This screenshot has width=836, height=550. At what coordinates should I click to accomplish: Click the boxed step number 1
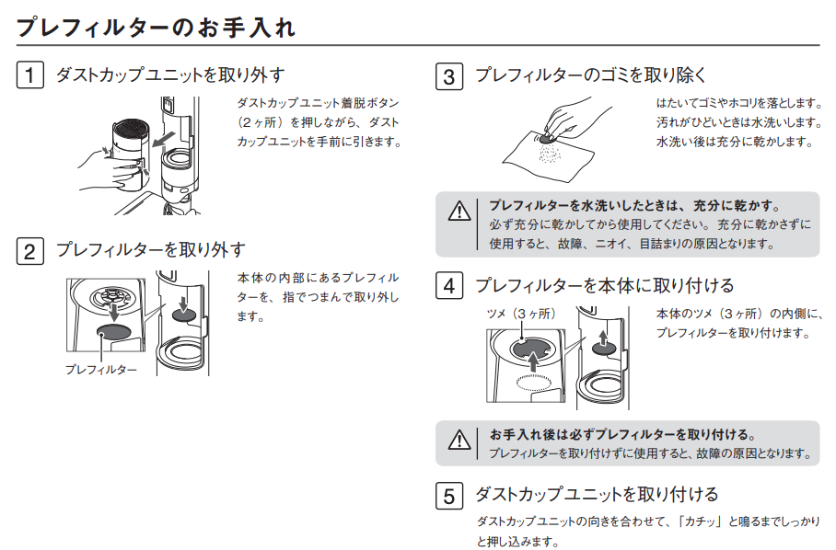coord(29,74)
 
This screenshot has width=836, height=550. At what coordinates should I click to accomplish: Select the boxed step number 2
coord(29,251)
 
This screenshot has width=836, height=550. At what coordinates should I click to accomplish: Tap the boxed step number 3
coord(449,76)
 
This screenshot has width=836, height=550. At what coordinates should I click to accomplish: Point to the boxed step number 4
coord(449,285)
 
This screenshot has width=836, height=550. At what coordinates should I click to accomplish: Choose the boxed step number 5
coord(449,496)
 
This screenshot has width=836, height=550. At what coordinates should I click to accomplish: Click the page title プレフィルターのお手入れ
coord(156,27)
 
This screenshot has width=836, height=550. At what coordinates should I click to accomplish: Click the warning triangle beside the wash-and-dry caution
coord(459,212)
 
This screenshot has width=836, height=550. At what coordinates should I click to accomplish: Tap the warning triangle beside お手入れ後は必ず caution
coord(459,441)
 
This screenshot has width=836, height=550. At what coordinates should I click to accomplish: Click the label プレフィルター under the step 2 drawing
coord(100,370)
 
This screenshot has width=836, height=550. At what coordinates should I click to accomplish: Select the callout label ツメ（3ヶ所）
coord(521,314)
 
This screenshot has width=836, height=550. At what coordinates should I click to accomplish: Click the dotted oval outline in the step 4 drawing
coord(535,383)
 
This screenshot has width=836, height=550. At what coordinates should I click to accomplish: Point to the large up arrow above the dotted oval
coord(532,363)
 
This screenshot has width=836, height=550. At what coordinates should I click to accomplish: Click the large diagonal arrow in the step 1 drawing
coord(163,140)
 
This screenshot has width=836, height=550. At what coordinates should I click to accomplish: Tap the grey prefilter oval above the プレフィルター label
coord(113,332)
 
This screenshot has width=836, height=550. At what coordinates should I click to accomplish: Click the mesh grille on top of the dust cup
coord(131,127)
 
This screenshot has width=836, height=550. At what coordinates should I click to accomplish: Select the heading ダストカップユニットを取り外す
coord(170,75)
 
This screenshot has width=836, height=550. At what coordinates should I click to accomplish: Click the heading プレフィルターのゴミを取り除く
coord(591,75)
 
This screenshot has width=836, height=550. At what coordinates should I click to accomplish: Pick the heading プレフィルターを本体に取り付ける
coord(605,285)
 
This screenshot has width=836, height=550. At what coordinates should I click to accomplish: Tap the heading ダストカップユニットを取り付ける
coord(597,495)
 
